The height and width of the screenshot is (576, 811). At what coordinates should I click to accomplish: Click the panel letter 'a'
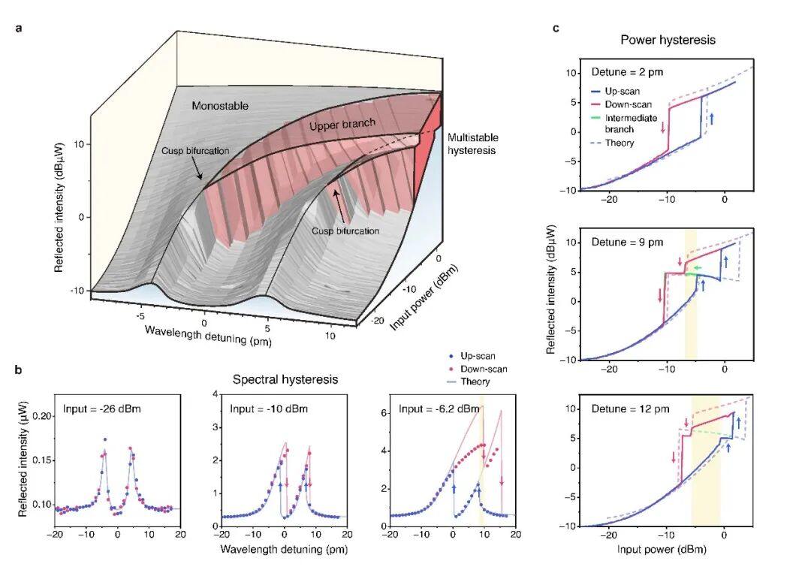(x=19, y=29)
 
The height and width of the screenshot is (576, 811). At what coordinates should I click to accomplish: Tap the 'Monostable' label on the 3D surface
(x=220, y=106)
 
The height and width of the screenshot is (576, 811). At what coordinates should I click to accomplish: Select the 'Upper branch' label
(x=342, y=125)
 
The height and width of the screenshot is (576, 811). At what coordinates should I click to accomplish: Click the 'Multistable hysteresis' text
(x=473, y=143)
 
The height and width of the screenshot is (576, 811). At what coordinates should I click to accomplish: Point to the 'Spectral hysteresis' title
(x=285, y=379)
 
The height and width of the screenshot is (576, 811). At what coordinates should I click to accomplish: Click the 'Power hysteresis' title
(x=668, y=40)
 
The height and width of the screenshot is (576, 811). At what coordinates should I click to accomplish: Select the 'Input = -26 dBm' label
(x=102, y=409)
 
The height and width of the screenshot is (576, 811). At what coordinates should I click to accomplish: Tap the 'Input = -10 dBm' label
(x=269, y=409)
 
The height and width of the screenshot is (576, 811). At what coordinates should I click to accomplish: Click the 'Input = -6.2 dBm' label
(x=439, y=409)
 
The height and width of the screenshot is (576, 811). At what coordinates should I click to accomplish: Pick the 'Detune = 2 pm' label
(x=627, y=72)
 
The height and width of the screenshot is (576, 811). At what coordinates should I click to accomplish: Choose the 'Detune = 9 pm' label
(x=627, y=242)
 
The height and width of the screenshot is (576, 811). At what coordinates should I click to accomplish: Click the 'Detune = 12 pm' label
(x=630, y=409)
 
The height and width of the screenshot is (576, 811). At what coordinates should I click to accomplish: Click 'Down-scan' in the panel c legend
(x=628, y=104)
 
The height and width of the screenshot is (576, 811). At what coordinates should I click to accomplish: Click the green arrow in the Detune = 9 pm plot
(x=697, y=268)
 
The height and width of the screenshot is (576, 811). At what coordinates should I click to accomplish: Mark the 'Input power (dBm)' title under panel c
(x=662, y=549)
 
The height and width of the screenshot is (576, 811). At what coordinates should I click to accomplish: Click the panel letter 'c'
(x=556, y=29)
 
